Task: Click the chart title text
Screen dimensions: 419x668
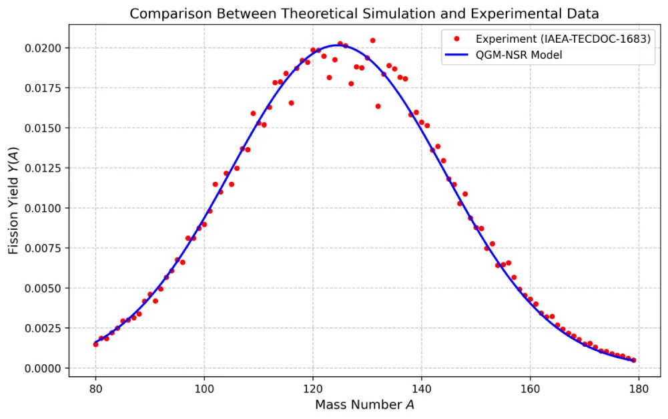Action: pyautogui.click(x=364, y=13)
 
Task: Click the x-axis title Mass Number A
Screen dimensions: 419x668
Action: pyautogui.click(x=364, y=404)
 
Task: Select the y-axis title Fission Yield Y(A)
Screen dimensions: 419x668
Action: pyautogui.click(x=14, y=201)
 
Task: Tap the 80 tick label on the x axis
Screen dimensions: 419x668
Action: pyautogui.click(x=95, y=387)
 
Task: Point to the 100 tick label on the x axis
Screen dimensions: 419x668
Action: pyautogui.click(x=204, y=387)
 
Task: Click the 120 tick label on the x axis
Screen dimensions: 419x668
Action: pyautogui.click(x=312, y=387)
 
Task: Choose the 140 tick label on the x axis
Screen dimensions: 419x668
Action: pyautogui.click(x=421, y=387)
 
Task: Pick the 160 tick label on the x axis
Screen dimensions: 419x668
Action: pyautogui.click(x=530, y=387)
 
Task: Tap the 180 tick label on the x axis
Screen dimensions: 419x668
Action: pyautogui.click(x=639, y=387)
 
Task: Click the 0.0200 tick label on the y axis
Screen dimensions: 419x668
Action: pyautogui.click(x=45, y=48)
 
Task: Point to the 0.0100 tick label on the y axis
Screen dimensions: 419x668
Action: pyautogui.click(x=45, y=208)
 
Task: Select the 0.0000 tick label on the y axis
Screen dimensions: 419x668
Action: pyautogui.click(x=45, y=369)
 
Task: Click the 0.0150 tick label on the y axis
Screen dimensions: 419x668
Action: pyautogui.click(x=45, y=128)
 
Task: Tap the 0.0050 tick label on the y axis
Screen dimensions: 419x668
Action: pyautogui.click(x=45, y=289)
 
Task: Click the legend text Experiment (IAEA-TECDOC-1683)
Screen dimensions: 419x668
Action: pyautogui.click(x=563, y=39)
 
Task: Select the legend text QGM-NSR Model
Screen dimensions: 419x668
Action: pyautogui.click(x=519, y=55)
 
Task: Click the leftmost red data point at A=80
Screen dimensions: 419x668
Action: pyautogui.click(x=95, y=344)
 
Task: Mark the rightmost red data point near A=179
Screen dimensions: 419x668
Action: pyautogui.click(x=633, y=360)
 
